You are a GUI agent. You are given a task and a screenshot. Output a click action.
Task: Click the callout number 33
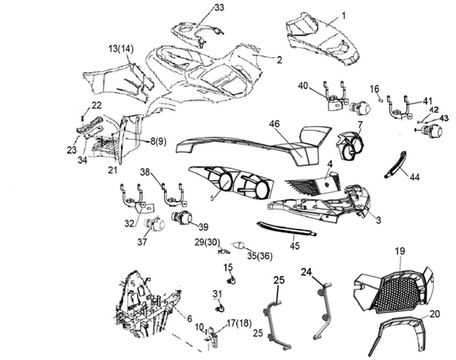point(219,8)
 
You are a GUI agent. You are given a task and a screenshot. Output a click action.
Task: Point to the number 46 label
point(274,124)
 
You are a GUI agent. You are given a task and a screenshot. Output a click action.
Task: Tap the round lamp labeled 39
point(182,218)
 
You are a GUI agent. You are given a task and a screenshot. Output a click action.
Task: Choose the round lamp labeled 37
point(155,224)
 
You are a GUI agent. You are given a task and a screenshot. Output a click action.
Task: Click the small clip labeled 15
point(231,280)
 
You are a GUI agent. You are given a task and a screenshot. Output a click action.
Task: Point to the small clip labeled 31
point(219,308)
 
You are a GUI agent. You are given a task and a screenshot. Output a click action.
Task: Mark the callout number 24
point(306,271)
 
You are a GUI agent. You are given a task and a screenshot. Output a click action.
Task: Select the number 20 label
point(435,313)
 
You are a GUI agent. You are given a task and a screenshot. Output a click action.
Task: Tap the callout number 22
point(97,105)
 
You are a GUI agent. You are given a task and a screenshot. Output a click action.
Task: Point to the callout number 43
point(444,118)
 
